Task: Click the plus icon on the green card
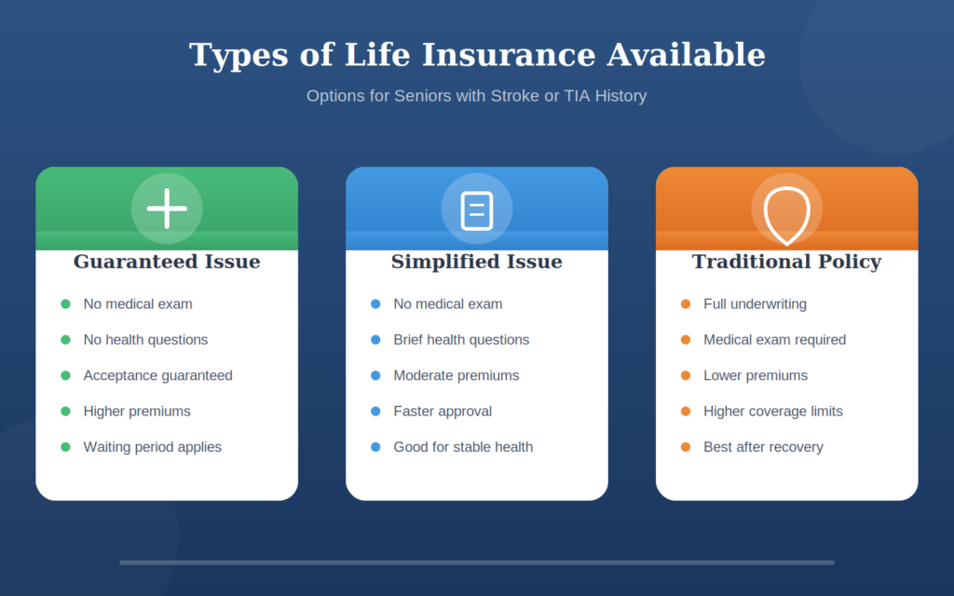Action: [167, 209]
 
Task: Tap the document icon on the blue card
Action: [477, 210]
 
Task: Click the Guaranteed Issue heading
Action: [167, 262]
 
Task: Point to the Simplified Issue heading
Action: [477, 262]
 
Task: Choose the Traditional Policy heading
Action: [786, 262]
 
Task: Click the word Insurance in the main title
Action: [509, 55]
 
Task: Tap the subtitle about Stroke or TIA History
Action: [477, 96]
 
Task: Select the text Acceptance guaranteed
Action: [157, 375]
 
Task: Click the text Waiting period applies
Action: [153, 447]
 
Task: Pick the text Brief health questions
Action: [461, 340]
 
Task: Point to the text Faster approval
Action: [443, 412]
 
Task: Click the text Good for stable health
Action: [463, 447]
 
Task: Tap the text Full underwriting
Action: [755, 305]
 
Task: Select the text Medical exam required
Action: [774, 340]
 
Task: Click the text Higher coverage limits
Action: [773, 412]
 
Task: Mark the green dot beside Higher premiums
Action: [65, 412]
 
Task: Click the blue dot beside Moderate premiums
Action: [375, 375]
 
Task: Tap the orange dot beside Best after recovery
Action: [686, 447]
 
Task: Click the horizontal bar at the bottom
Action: [477, 562]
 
